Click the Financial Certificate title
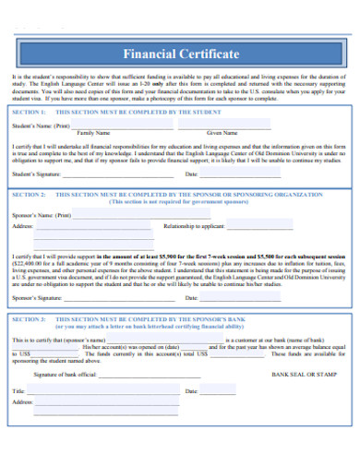(x=181, y=54)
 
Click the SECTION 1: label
(x=31, y=111)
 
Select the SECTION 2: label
(x=31, y=195)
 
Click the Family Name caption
(x=92, y=133)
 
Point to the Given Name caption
(x=222, y=133)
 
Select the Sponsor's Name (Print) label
(x=42, y=214)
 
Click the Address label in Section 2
(x=23, y=225)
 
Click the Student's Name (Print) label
(x=42, y=125)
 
